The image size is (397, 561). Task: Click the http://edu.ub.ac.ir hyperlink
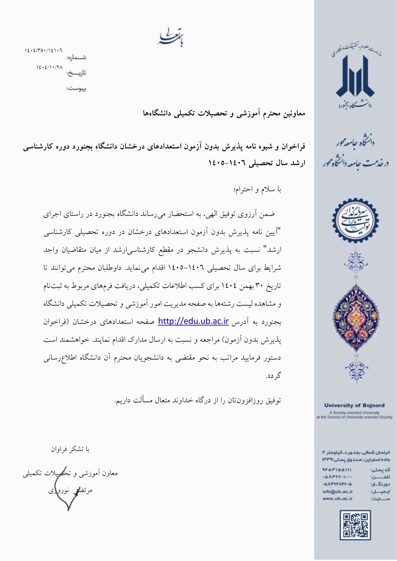pos(193,321)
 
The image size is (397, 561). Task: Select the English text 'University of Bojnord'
pos(354,405)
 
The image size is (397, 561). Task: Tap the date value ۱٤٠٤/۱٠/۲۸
pos(49,67)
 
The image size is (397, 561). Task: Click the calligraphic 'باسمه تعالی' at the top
pos(172,38)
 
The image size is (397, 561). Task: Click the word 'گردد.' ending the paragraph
pos(273,375)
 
